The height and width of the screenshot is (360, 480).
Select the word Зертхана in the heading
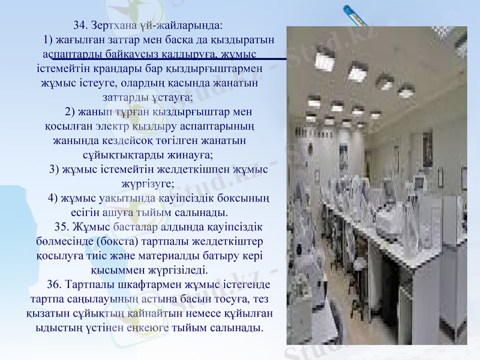click(x=113, y=26)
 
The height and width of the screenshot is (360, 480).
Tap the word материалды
click(x=170, y=256)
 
